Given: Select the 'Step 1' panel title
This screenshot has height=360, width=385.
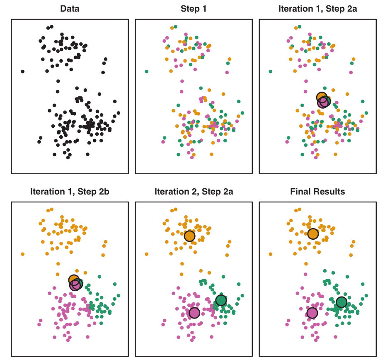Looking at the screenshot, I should [x=193, y=8].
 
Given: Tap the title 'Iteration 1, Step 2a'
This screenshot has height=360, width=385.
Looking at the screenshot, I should [x=317, y=8].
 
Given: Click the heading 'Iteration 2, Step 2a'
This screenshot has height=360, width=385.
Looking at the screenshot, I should [x=193, y=192].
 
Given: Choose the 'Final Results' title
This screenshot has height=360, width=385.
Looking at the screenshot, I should [x=317, y=192].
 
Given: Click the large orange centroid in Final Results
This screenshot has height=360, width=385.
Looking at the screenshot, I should [x=313, y=234].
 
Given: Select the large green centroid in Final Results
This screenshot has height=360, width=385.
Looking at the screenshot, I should [x=341, y=302].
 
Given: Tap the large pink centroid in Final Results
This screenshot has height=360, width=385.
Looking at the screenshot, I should [x=312, y=313].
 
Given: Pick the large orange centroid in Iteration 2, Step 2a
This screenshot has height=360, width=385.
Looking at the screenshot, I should [x=189, y=236].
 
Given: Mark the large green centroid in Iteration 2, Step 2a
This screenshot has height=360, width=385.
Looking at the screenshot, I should [x=221, y=300].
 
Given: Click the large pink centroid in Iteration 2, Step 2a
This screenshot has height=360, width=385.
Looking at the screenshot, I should [x=194, y=313].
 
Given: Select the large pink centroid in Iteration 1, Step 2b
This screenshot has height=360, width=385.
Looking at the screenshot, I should [x=75, y=285].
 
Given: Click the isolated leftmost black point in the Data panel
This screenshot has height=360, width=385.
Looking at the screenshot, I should [x=22, y=71].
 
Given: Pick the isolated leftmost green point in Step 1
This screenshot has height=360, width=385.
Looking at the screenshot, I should [x=147, y=71].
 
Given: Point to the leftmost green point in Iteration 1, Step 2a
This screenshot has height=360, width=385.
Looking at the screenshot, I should [x=270, y=71].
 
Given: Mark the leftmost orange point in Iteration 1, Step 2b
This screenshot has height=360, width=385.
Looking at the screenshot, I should [x=22, y=254].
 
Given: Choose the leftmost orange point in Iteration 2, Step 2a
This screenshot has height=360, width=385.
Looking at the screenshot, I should [x=147, y=254].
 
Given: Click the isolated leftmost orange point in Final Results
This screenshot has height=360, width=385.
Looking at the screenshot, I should [x=270, y=254].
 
